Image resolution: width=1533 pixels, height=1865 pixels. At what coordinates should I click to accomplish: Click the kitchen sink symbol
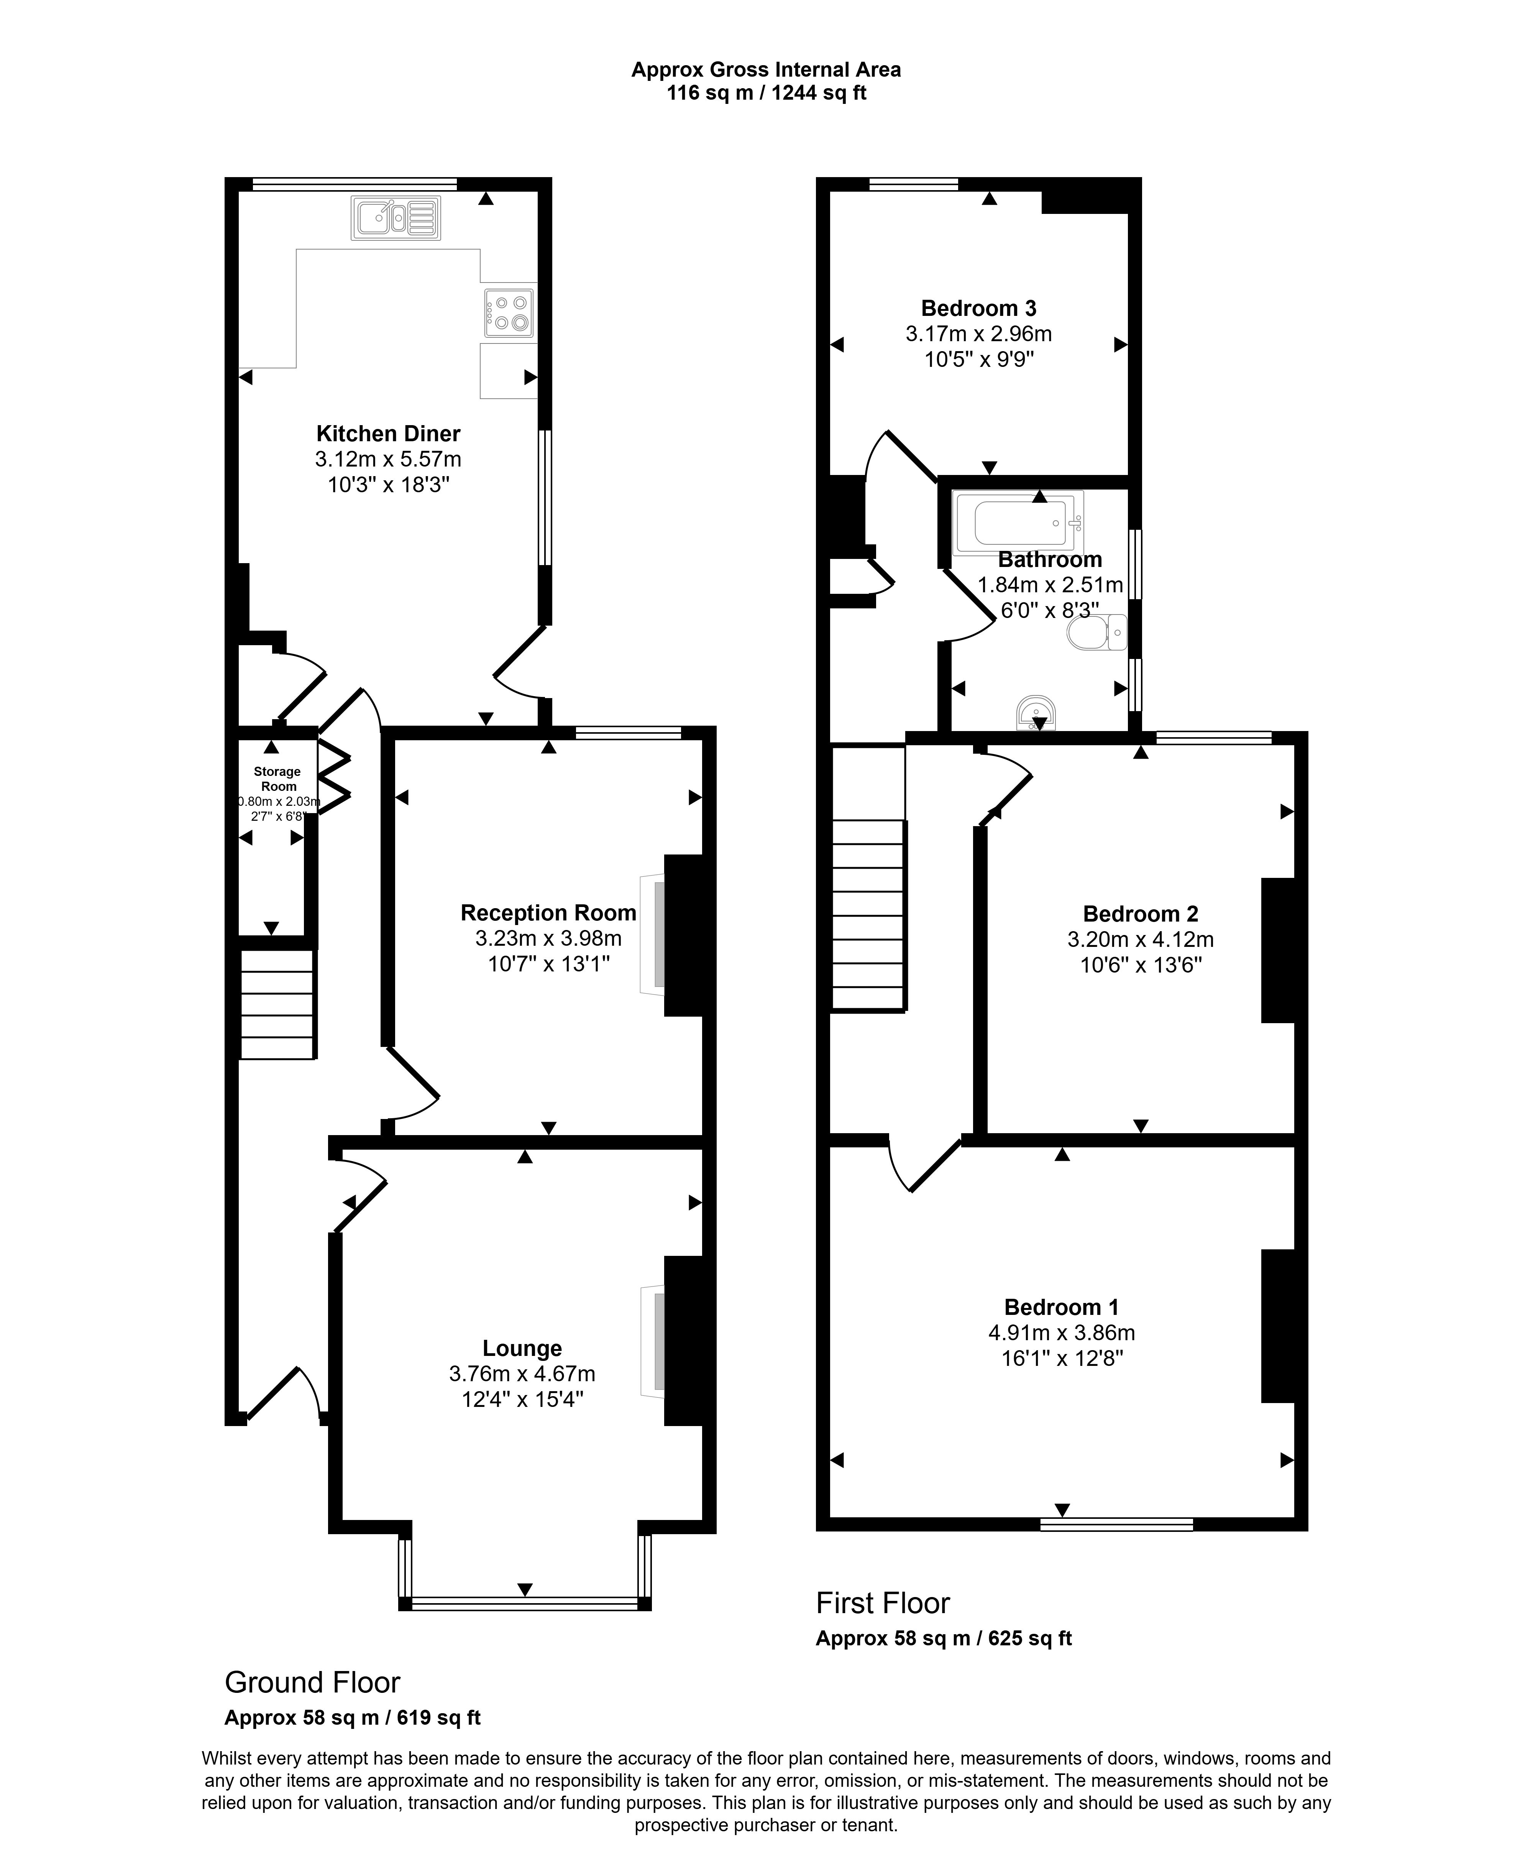pyautogui.click(x=396, y=217)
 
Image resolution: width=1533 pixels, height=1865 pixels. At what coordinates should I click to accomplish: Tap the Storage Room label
pyautogui.click(x=277, y=779)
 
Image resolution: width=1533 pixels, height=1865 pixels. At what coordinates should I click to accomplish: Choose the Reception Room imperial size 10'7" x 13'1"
pyautogui.click(x=548, y=963)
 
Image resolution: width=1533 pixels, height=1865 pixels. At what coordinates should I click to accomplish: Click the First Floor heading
pyautogui.click(x=882, y=1603)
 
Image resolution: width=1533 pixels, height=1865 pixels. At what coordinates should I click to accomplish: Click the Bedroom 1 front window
pyautogui.click(x=1116, y=1524)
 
